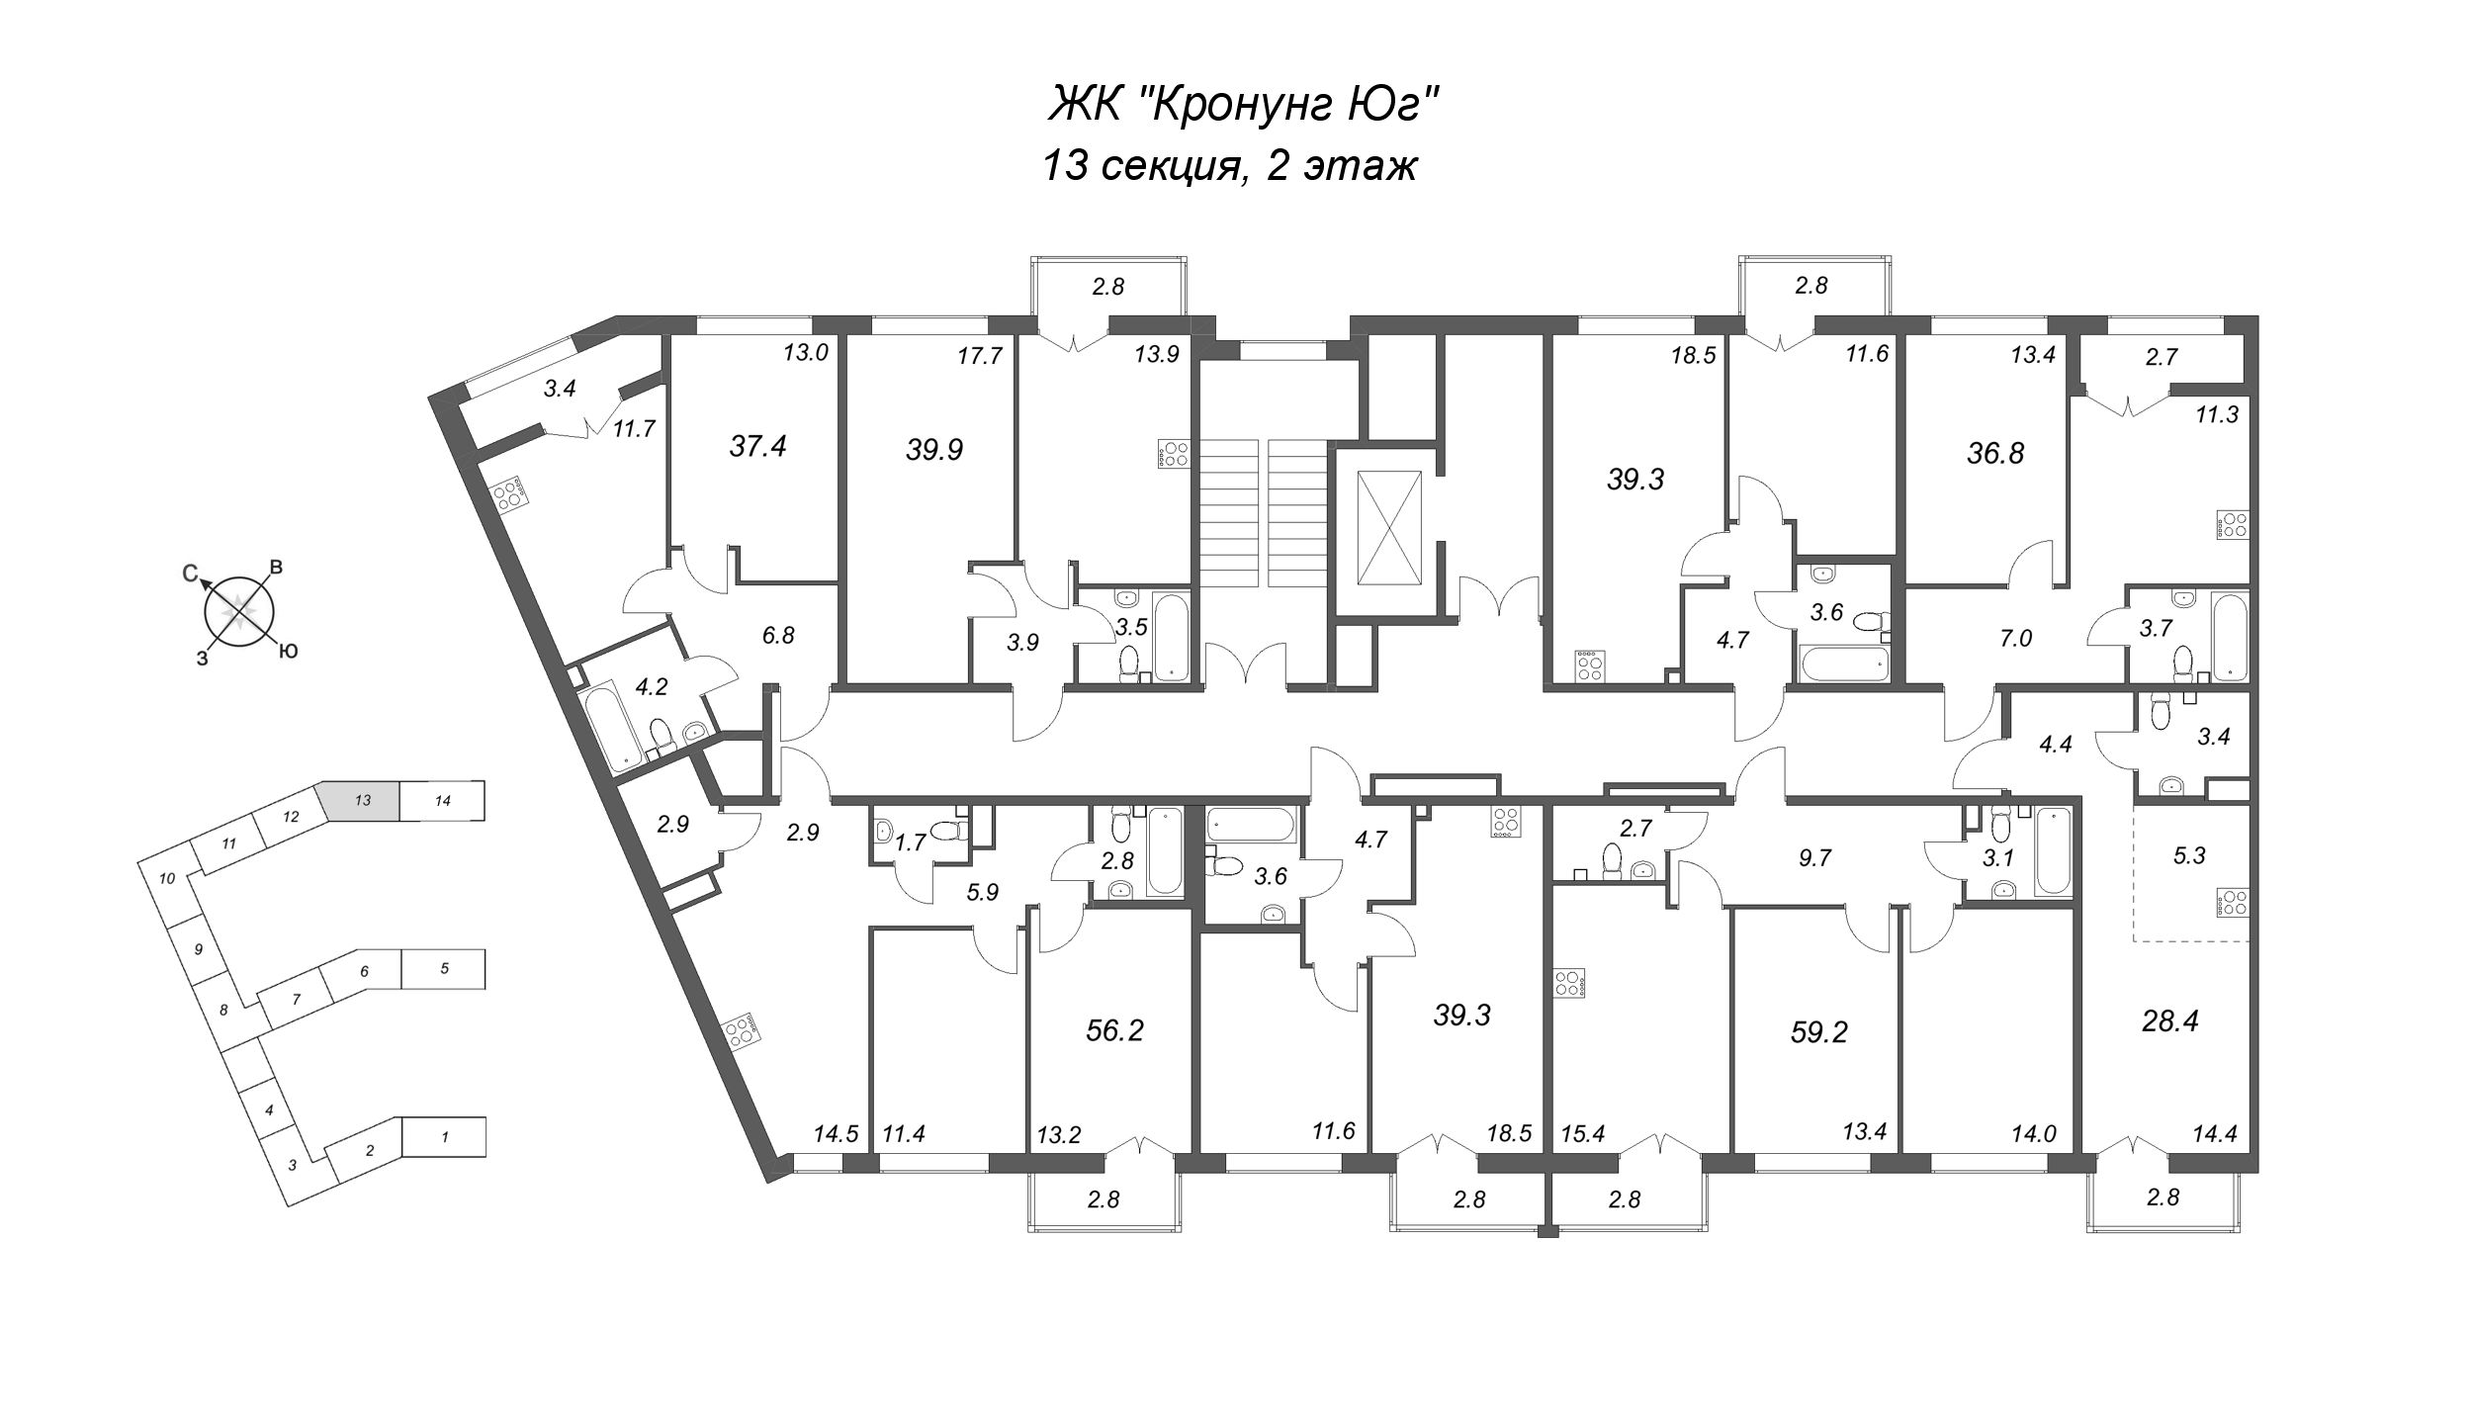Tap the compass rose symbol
coord(237,612)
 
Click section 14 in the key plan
coord(443,801)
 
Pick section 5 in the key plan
coord(444,969)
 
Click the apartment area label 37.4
coord(757,447)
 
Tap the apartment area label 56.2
coord(1114,1031)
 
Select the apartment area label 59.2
coord(1818,1033)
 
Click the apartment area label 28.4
coord(2169,1021)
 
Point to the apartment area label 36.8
coord(1995,453)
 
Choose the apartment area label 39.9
coord(934,450)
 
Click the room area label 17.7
coord(980,355)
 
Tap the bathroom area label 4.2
coord(652,686)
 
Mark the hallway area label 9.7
coord(1815,857)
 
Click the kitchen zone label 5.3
coord(2189,854)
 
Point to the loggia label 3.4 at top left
coord(560,389)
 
